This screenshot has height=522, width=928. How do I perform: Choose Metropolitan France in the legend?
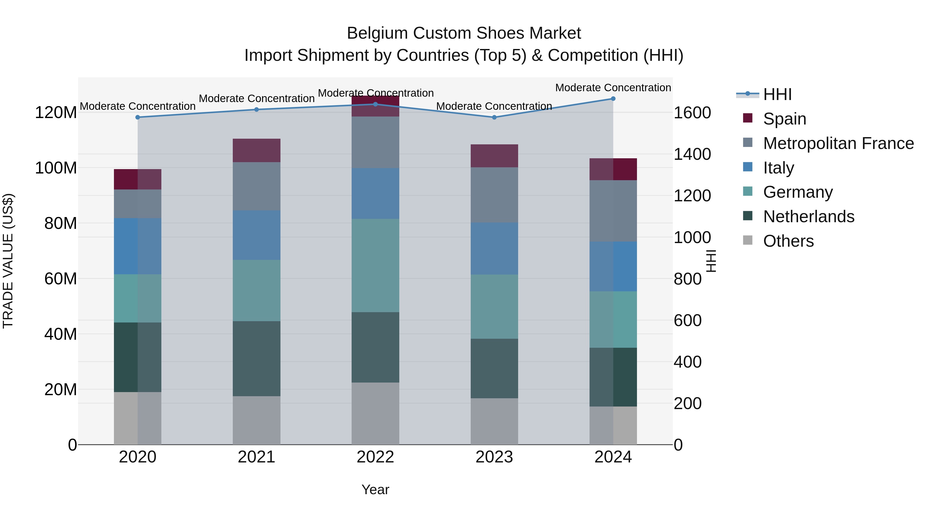pyautogui.click(x=838, y=143)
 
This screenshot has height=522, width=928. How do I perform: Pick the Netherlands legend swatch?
pyautogui.click(x=748, y=216)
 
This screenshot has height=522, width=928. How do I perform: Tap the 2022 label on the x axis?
pyautogui.click(x=375, y=457)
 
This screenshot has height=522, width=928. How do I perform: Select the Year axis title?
pyautogui.click(x=375, y=490)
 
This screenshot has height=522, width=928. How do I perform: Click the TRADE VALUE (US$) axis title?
pyautogui.click(x=8, y=261)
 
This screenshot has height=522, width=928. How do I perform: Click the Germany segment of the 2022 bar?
pyautogui.click(x=375, y=266)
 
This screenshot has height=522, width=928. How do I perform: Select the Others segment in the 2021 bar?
pyautogui.click(x=256, y=420)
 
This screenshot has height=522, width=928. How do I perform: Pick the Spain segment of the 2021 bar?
pyautogui.click(x=256, y=150)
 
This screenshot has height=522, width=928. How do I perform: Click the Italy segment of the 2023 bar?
pyautogui.click(x=494, y=248)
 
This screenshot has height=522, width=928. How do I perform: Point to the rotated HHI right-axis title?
pyautogui.click(x=711, y=261)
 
